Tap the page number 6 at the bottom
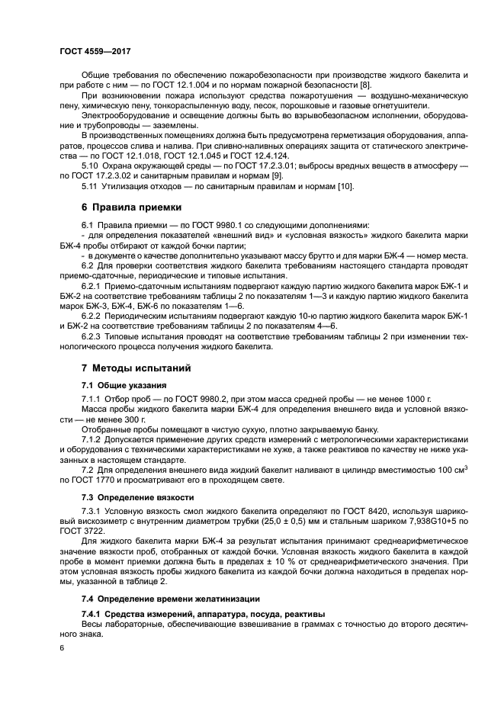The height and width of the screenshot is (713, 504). coord(63,647)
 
